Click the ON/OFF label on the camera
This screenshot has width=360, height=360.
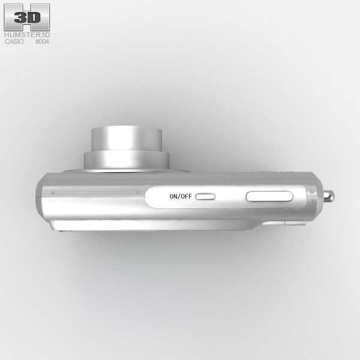point(181,196)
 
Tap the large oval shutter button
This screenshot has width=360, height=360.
point(269,196)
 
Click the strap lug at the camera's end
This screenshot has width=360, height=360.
point(329,196)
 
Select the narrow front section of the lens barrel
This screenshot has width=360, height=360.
point(127,139)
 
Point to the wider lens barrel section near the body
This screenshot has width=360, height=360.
point(127,160)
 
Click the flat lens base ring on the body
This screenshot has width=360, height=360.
point(126,171)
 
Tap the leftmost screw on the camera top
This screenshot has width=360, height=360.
point(53,193)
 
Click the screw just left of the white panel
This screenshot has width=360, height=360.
point(138,193)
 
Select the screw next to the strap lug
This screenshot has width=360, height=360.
point(312,192)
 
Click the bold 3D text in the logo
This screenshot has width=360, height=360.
point(28,17)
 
